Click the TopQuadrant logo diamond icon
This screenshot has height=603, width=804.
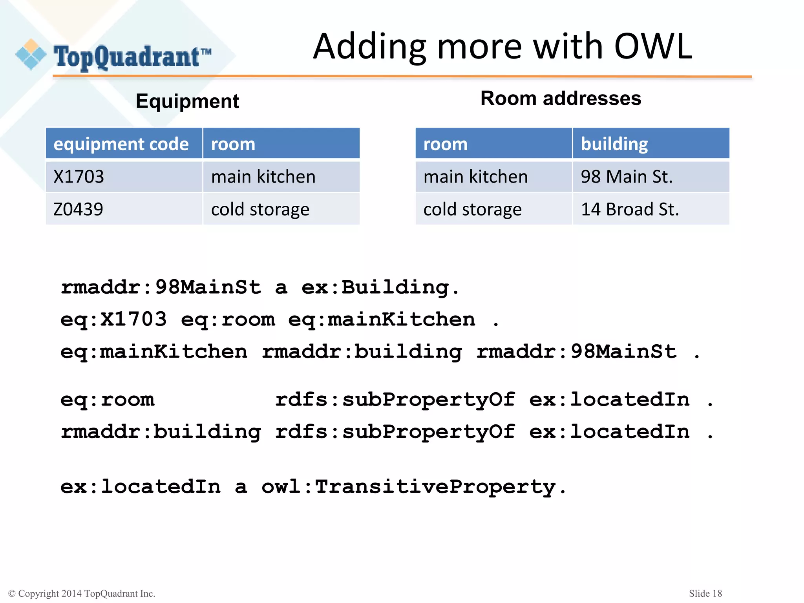point(31,55)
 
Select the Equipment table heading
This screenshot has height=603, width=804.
point(187,101)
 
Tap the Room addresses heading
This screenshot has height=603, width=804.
point(561,98)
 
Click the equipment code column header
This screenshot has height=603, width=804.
point(121,144)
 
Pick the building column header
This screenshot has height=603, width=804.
point(614,144)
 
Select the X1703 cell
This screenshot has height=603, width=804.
point(79,177)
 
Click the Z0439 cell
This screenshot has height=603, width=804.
point(78,209)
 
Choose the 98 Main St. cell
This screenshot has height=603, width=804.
point(627,177)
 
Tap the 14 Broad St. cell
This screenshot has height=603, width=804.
point(630,209)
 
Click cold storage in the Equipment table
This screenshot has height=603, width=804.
point(260,209)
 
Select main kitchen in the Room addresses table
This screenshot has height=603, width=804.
point(475,177)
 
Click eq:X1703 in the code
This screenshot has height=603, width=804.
point(113,320)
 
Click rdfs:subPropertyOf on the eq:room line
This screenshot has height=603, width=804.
point(395,400)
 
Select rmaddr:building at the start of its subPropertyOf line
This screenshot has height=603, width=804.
point(161,432)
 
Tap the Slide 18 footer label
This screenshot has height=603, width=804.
point(705,593)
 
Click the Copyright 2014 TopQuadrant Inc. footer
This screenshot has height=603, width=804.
point(82,594)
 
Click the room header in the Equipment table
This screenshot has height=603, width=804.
point(233,144)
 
